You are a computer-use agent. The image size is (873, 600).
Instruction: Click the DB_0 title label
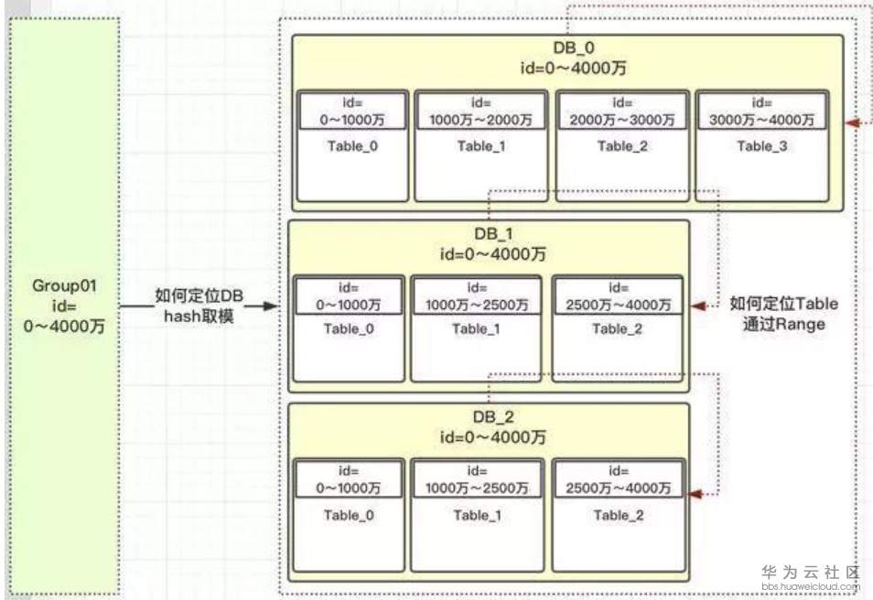pyautogui.click(x=574, y=48)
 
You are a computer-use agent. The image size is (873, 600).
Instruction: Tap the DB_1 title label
pyautogui.click(x=493, y=234)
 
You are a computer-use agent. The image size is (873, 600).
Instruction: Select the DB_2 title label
pyautogui.click(x=493, y=417)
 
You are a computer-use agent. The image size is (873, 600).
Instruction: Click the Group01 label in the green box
pyautogui.click(x=64, y=285)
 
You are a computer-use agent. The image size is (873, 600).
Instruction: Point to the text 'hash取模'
pyautogui.click(x=199, y=316)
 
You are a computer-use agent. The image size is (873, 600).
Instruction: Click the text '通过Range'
pyautogui.click(x=784, y=324)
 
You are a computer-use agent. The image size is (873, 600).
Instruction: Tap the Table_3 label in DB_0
pyautogui.click(x=762, y=145)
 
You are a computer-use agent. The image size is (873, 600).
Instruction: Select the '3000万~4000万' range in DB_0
pyautogui.click(x=761, y=120)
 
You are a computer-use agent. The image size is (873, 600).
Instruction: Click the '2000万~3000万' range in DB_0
pyautogui.click(x=622, y=120)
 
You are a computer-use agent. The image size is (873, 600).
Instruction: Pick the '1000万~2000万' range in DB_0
pyautogui.click(x=480, y=120)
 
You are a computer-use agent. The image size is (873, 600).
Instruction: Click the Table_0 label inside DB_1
pyautogui.click(x=349, y=329)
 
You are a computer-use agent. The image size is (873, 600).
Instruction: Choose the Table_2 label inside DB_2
pyautogui.click(x=618, y=516)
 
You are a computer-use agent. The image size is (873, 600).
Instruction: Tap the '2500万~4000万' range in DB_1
pyautogui.click(x=618, y=305)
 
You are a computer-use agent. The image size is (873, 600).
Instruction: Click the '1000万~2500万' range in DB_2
pyautogui.click(x=477, y=488)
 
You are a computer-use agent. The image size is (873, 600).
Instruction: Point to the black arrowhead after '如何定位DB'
pyautogui.click(x=271, y=306)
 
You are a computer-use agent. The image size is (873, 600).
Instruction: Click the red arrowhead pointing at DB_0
pyautogui.click(x=853, y=123)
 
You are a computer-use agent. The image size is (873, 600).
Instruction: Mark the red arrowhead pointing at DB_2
pyautogui.click(x=696, y=494)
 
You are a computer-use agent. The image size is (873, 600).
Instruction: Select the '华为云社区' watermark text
pyautogui.click(x=811, y=573)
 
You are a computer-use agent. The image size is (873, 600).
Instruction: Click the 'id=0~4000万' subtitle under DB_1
pyautogui.click(x=493, y=254)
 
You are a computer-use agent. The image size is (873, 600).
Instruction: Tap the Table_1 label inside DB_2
pyautogui.click(x=477, y=516)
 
